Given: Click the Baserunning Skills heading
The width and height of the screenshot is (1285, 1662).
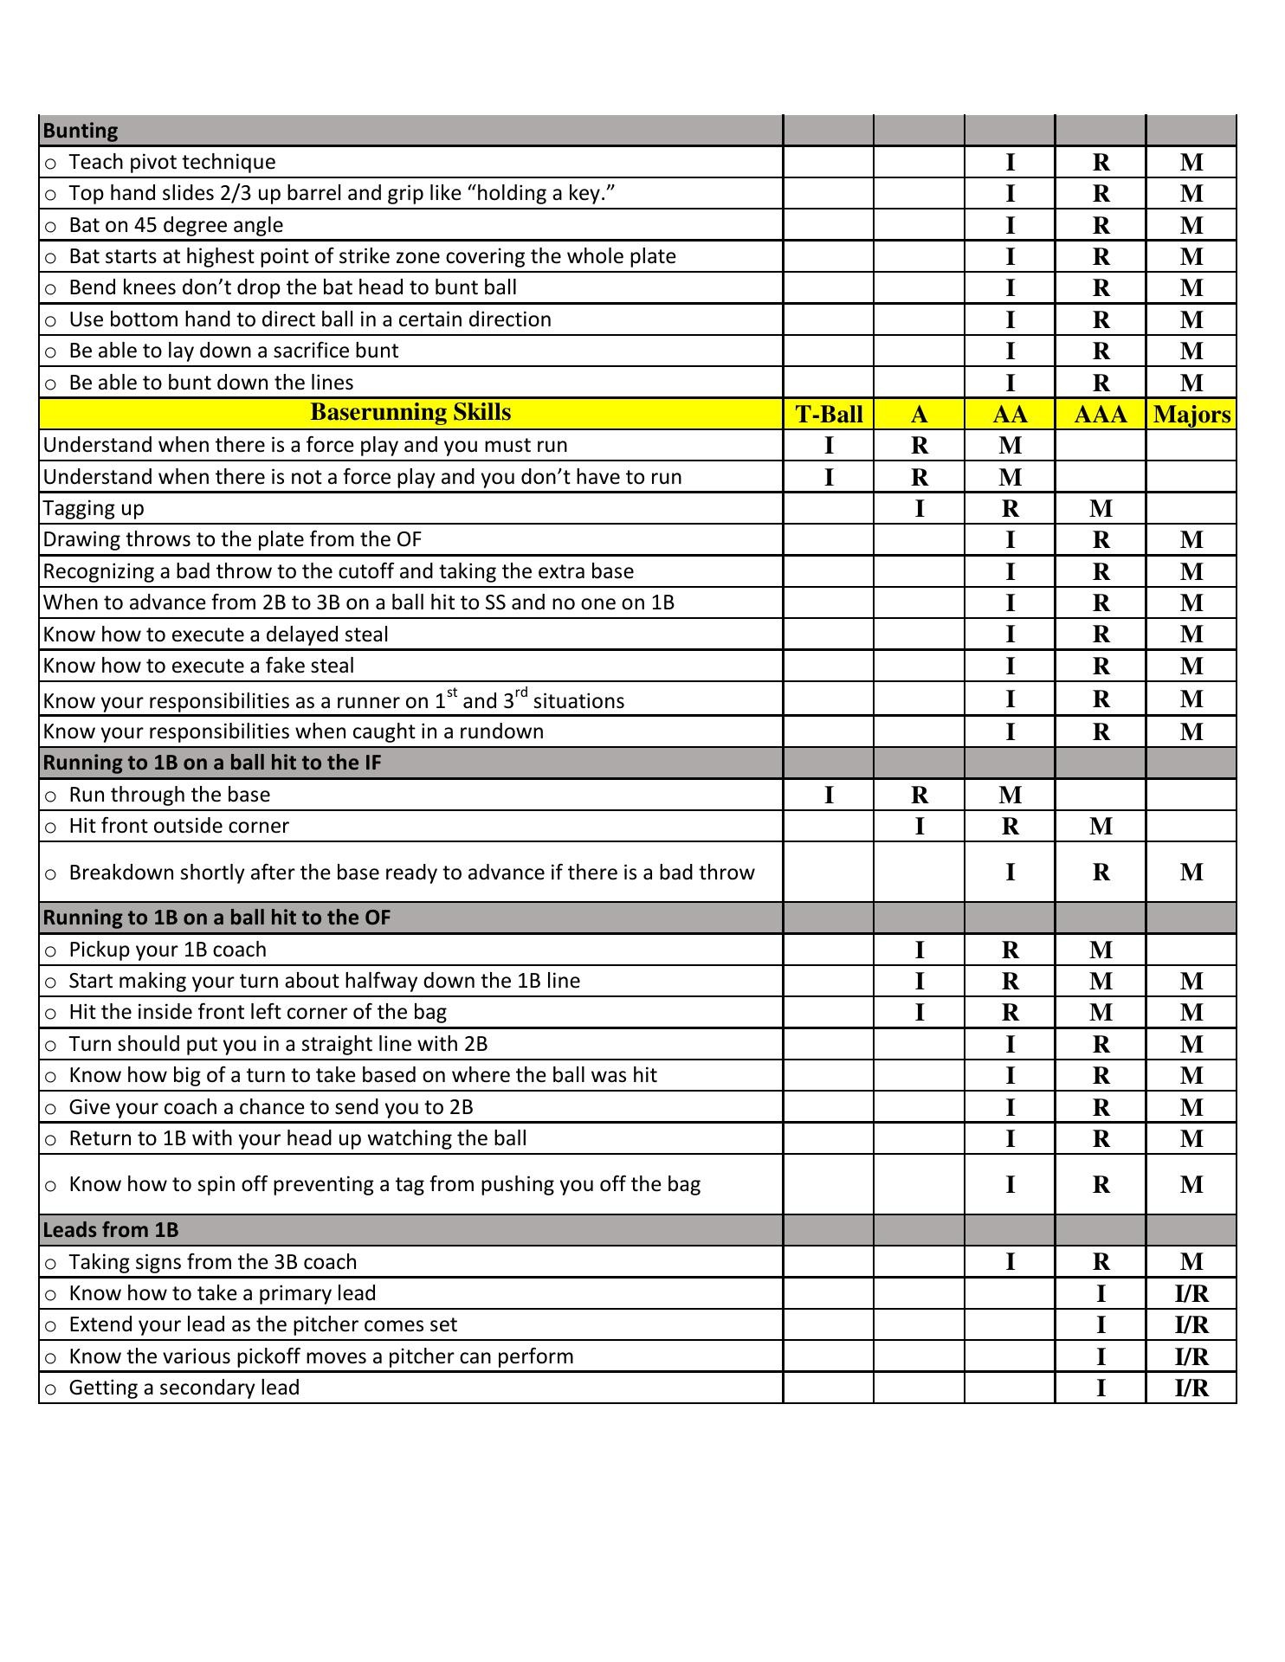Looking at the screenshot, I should [410, 412].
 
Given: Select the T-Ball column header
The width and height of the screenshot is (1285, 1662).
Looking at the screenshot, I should [829, 415].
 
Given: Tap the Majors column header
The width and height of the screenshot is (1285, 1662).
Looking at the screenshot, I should [1191, 415].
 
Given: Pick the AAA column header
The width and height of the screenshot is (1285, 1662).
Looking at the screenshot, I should [1101, 415].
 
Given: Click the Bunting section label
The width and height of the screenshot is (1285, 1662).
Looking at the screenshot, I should [81, 131].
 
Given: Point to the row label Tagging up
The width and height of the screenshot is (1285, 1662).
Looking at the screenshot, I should [94, 508].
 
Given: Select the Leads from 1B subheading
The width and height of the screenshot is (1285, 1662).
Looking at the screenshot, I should [111, 1230].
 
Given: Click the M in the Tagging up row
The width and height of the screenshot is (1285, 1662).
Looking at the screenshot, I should [1101, 509].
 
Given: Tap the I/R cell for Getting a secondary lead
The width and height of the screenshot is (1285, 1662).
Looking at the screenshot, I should [1191, 1388].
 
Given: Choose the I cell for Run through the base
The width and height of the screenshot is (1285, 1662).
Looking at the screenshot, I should [829, 795].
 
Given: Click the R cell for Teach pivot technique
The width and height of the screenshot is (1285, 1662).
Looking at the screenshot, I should [1101, 162].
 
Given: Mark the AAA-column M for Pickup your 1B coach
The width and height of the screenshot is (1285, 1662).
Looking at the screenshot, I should [1101, 950].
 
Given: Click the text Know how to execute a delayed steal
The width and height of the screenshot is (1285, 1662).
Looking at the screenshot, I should [216, 635].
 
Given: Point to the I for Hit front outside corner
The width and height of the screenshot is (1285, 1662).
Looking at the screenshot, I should [920, 827].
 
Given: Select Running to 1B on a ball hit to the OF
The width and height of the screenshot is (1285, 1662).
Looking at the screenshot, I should [216, 918].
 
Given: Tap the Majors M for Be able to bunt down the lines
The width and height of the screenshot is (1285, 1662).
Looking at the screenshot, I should [1191, 383].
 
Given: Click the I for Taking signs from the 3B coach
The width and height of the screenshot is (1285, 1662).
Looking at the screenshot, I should [1010, 1262].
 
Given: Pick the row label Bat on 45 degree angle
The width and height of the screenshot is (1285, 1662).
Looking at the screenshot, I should [176, 225].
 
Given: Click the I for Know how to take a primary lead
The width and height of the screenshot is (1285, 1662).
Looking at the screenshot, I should [1101, 1294].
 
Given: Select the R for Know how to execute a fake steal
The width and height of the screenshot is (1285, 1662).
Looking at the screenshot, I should [1101, 667].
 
